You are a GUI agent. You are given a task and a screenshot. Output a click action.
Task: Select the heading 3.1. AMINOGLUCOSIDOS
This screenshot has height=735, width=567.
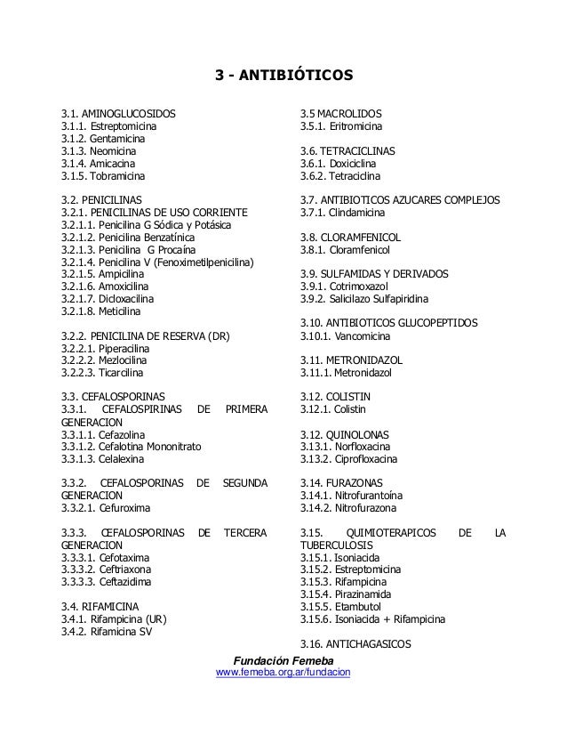coord(117,115)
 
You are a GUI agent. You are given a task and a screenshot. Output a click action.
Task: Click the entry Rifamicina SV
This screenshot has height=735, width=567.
coord(104,631)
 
